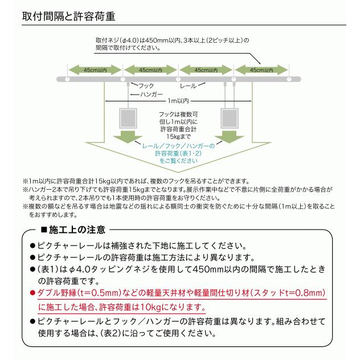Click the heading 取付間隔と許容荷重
point(68,17)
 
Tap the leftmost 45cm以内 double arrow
point(95,70)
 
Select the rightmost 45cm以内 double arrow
point(261,70)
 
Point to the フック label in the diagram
point(146,86)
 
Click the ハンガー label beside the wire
point(152,94)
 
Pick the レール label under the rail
point(189,86)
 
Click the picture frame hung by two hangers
point(229,118)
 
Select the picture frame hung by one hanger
point(128,118)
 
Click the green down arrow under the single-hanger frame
point(128,137)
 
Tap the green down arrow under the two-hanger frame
point(229,137)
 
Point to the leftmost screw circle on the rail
point(67,79)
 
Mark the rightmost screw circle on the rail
point(289,79)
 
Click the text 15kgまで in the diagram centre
point(178,137)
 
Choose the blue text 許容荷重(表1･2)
point(178,153)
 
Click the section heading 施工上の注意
point(77,230)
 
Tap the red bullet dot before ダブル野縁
point(32,293)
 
